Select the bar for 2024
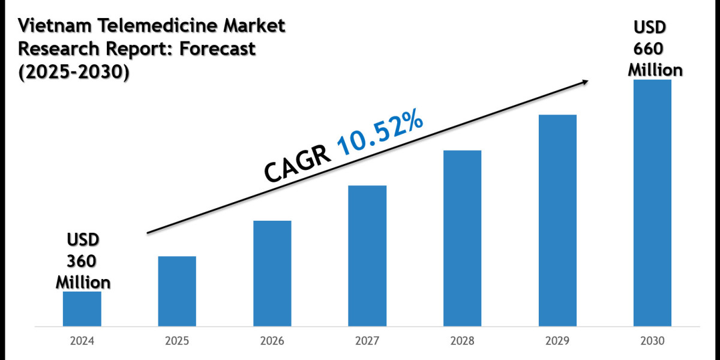point(82,309)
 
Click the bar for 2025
point(177,292)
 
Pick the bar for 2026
point(272,274)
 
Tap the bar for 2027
point(367,256)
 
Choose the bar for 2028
point(462,238)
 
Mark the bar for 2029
point(557,221)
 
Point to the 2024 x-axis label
point(82,341)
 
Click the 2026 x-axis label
point(272,341)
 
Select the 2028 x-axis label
point(462,341)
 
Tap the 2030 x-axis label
point(652,341)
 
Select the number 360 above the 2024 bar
point(83,261)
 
